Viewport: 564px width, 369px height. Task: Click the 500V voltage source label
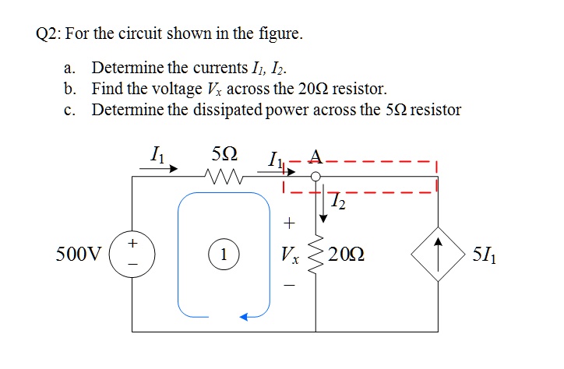79,254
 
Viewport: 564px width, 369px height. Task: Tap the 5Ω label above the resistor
225,155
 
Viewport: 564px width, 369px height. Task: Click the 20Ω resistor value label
346,254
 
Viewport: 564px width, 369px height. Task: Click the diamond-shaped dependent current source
438,254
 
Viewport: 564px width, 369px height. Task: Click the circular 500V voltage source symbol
133,254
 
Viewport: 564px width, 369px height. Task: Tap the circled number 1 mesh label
224,254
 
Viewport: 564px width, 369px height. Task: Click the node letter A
315,156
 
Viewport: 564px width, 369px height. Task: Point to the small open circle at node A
315,177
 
